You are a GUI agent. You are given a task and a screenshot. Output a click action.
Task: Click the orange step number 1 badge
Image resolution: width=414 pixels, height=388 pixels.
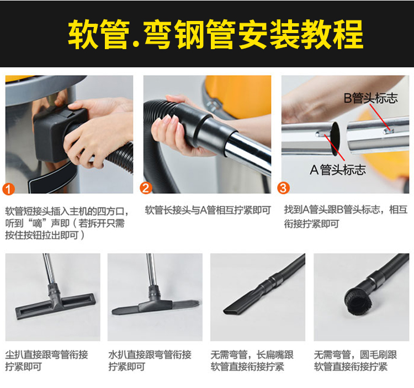(8, 189)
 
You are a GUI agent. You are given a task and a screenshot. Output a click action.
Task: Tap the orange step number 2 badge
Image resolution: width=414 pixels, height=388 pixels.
(146, 188)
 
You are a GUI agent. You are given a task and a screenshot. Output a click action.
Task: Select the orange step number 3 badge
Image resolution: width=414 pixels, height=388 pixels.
(283, 188)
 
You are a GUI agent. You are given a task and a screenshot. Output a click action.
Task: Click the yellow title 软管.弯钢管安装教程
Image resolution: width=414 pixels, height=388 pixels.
(215, 34)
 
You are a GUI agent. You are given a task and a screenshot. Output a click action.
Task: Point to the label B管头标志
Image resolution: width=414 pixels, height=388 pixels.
(370, 98)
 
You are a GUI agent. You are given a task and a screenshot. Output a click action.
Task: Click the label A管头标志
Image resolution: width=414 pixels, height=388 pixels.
(338, 169)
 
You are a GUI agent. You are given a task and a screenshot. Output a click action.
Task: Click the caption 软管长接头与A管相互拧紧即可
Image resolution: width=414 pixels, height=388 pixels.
(208, 210)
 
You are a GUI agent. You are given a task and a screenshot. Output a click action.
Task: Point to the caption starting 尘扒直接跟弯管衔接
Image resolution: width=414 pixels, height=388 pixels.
(46, 360)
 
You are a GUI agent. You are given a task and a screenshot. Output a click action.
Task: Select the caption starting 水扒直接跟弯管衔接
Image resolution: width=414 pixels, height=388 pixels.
(150, 360)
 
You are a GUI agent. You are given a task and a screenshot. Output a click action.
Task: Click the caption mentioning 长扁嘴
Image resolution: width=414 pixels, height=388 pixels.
(252, 360)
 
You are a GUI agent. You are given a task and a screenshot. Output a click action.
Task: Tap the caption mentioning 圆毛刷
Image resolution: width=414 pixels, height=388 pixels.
(355, 360)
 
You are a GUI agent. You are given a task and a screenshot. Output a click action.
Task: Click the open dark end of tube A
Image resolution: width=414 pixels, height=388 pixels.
(336, 139)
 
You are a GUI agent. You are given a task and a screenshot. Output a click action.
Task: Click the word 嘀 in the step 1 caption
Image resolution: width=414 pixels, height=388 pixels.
(37, 224)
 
